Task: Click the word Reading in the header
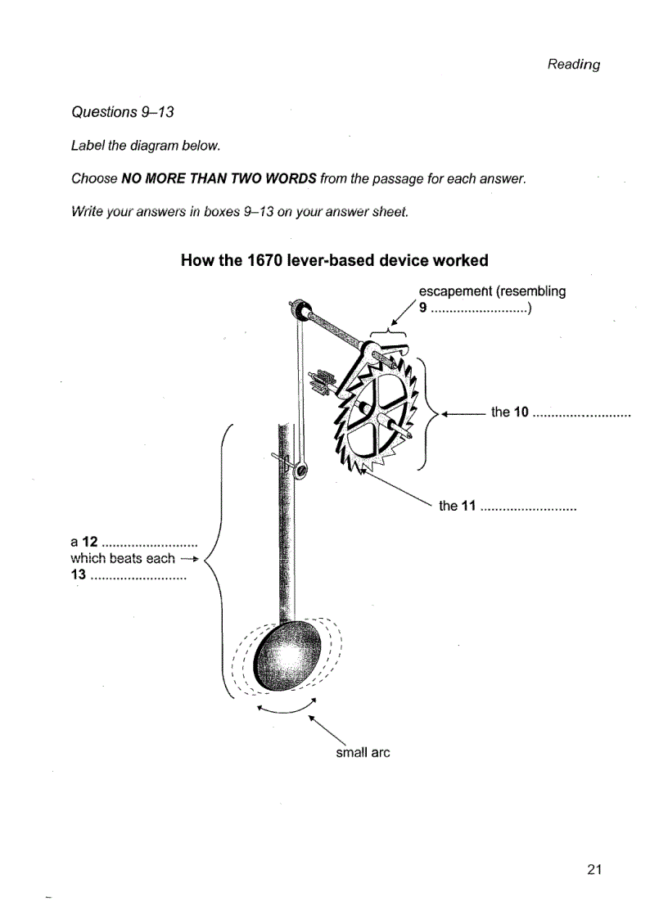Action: tap(573, 64)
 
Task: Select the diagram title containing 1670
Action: tap(334, 260)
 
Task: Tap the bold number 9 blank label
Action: tap(423, 309)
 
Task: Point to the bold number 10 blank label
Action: tap(519, 412)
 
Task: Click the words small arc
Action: tap(363, 752)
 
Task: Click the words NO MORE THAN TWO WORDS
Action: tap(219, 178)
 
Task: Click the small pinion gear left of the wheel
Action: tap(322, 381)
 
